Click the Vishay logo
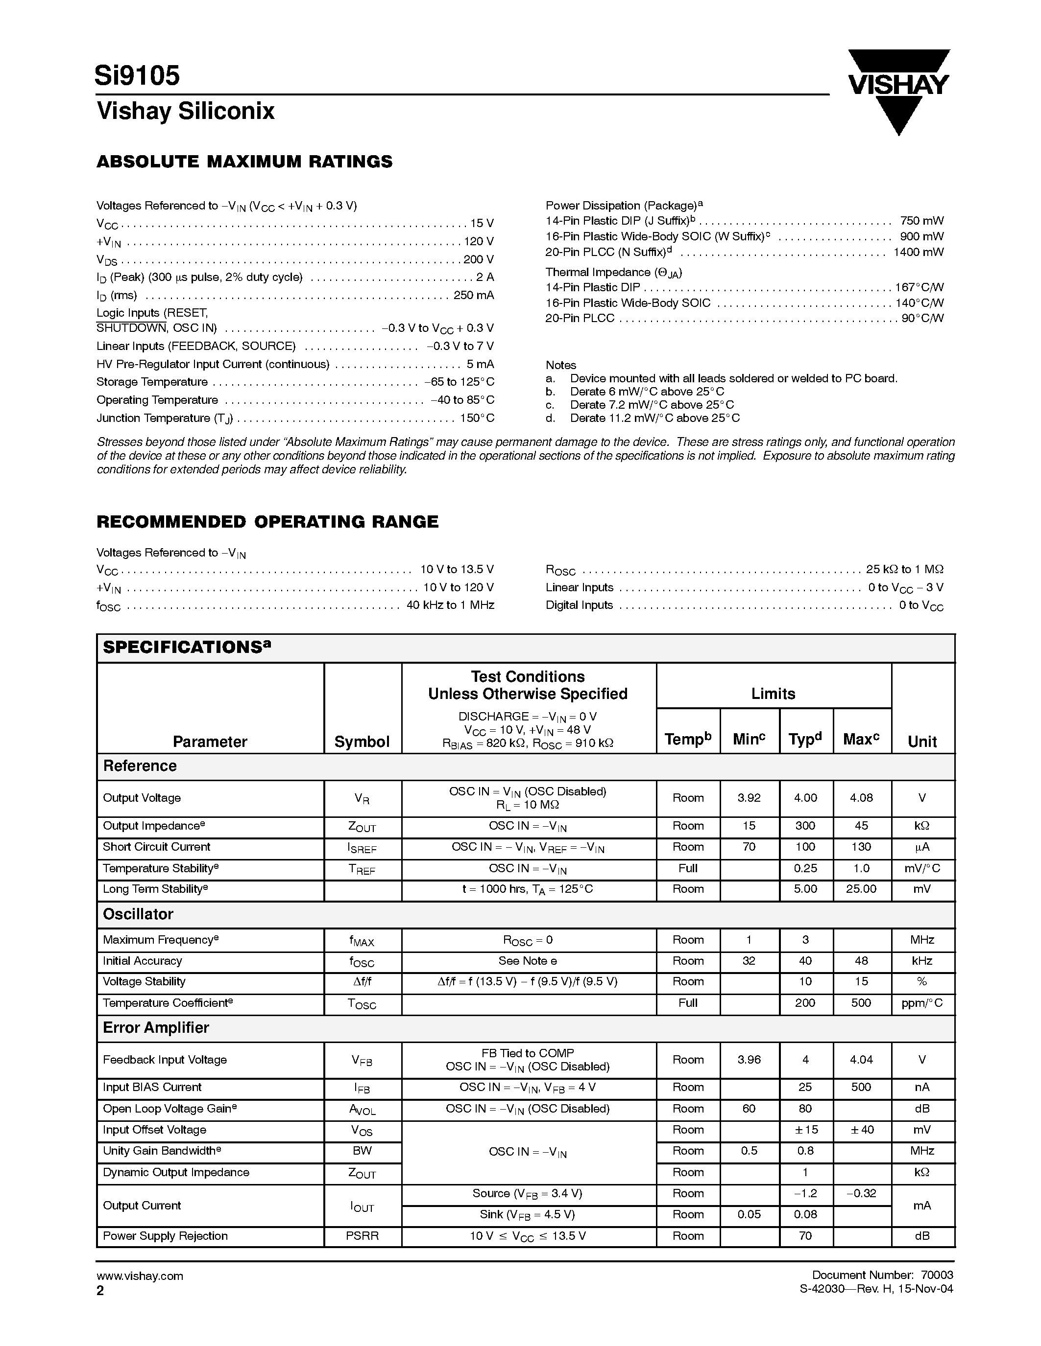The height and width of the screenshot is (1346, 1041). [x=898, y=86]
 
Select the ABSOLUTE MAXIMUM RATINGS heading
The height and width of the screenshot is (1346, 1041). [x=244, y=162]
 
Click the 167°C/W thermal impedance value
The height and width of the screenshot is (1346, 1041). [x=920, y=287]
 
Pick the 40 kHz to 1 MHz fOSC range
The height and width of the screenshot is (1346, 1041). [x=450, y=605]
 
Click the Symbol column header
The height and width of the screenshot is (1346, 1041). [x=362, y=742]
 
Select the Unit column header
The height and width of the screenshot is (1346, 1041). [x=922, y=742]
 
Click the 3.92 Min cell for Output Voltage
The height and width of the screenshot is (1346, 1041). [x=749, y=797]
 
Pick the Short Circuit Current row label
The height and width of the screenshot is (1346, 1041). [x=157, y=847]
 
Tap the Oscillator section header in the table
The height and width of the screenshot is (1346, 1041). [x=138, y=914]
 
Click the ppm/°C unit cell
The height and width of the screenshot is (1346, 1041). [x=922, y=1003]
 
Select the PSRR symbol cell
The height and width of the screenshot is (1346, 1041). [x=362, y=1236]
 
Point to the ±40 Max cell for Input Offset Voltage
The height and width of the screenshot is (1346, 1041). [x=861, y=1130]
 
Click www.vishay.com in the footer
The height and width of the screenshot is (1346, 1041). [x=140, y=1276]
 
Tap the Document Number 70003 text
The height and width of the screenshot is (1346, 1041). [x=882, y=1275]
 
